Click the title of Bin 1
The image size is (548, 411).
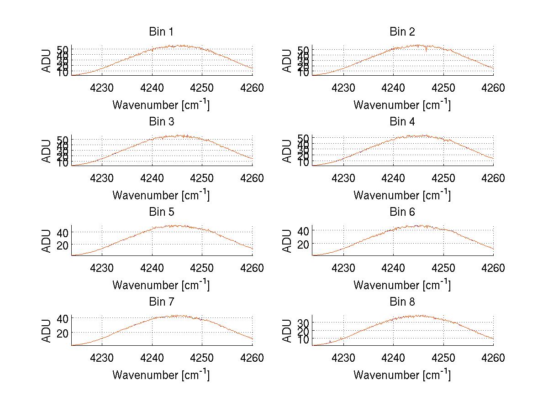point(161,32)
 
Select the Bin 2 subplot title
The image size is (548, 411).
point(402,32)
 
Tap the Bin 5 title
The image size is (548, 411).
point(161,212)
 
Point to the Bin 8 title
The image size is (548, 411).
point(402,302)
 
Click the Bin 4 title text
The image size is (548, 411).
point(402,122)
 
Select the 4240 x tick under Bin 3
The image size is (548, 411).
point(152,177)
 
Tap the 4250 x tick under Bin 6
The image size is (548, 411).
point(443,268)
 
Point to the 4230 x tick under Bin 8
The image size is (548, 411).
point(343,358)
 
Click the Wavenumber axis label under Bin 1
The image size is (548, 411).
point(161,105)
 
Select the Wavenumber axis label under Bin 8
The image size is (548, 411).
point(402,375)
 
